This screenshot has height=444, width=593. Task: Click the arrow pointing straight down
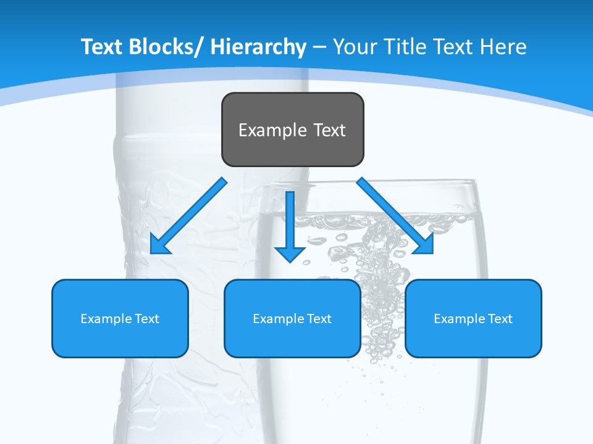(290, 222)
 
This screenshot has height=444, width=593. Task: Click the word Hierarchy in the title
(259, 47)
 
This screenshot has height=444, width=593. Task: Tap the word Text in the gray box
(329, 130)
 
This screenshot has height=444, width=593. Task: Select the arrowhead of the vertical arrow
(290, 253)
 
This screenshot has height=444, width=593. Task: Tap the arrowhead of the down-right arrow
(426, 245)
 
